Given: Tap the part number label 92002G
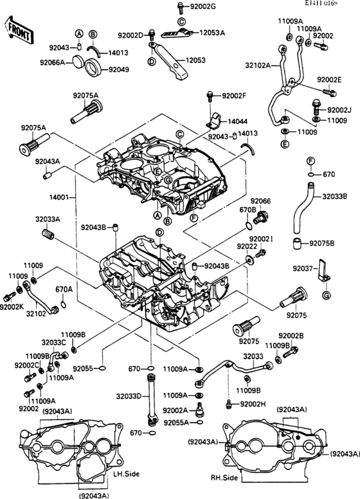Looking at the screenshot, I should (203, 6).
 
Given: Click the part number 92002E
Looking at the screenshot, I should (329, 80).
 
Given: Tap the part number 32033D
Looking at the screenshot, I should (129, 396).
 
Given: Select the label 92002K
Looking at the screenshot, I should (12, 308).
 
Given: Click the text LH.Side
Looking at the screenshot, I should (126, 475).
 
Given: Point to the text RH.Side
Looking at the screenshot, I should (224, 478).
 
